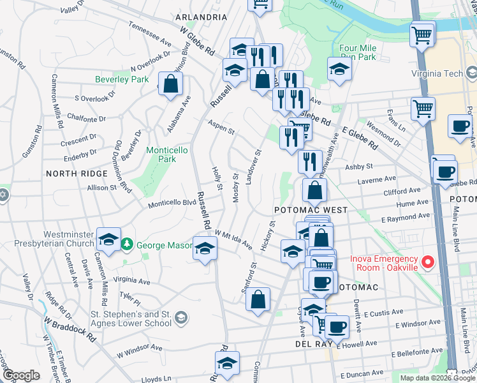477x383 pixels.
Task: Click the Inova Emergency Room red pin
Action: click(x=429, y=262)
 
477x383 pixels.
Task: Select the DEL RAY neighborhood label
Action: click(x=311, y=343)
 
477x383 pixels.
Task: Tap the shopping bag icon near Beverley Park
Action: click(x=171, y=84)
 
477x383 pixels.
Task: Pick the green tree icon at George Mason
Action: click(x=128, y=244)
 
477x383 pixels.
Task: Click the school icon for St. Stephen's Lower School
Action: click(x=181, y=317)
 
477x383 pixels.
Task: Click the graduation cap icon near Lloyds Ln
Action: click(x=226, y=363)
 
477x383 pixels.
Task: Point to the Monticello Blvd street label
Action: click(x=172, y=204)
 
